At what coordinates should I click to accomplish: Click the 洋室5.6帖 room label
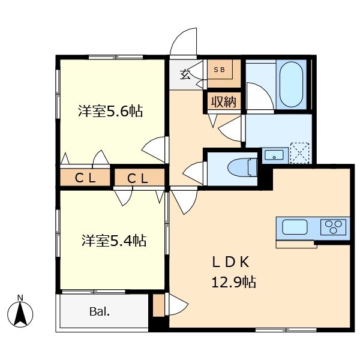coord(110,111)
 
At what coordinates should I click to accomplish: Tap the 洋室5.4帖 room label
coord(114,241)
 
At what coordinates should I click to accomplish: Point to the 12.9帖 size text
coord(233,281)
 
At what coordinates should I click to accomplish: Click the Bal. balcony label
coord(99,311)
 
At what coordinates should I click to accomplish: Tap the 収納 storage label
coord(224,101)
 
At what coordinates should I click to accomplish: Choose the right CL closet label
coord(139,178)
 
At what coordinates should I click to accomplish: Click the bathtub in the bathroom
coord(291,84)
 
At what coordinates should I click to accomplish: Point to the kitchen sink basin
coord(295,227)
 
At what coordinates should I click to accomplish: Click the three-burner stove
coord(334,227)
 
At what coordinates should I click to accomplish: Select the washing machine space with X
coord(299,152)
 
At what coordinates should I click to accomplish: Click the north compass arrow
coord(21,313)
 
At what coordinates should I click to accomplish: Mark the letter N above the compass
coord(20,298)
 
